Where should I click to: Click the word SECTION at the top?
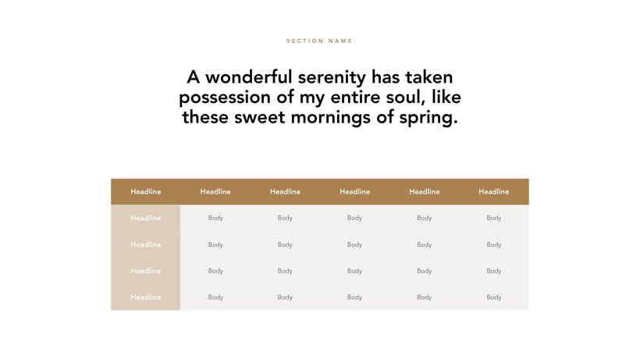point(305,41)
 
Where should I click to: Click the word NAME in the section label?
point(340,41)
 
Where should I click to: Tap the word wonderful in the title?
point(248,77)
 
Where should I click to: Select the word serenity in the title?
point(332,78)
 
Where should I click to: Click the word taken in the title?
point(428,77)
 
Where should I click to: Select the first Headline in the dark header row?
point(146,191)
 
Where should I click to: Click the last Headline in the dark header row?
point(494,191)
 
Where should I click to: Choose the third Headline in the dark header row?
point(285,191)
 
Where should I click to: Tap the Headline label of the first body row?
point(146,218)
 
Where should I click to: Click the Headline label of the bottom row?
point(146,298)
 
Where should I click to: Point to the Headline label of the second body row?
point(146,244)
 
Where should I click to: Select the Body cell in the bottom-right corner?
point(494,298)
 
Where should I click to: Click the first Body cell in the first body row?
point(215,219)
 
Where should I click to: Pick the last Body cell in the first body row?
point(494,219)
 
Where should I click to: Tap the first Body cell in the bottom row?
point(215,298)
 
